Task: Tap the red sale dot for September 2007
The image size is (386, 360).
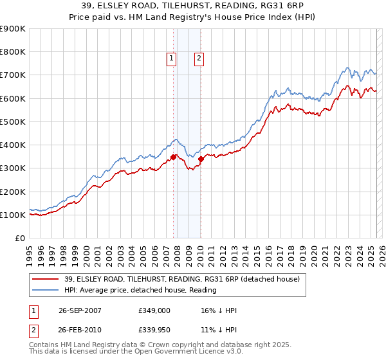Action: tap(174, 156)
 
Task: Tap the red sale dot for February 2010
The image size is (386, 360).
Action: tap(201, 158)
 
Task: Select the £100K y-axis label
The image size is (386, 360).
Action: tap(13, 215)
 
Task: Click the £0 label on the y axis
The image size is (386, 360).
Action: tap(19, 238)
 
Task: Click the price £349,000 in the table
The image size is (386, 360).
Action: tap(154, 310)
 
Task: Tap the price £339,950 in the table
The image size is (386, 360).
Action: tap(154, 329)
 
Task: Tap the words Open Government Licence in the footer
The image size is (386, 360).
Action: tap(169, 352)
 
